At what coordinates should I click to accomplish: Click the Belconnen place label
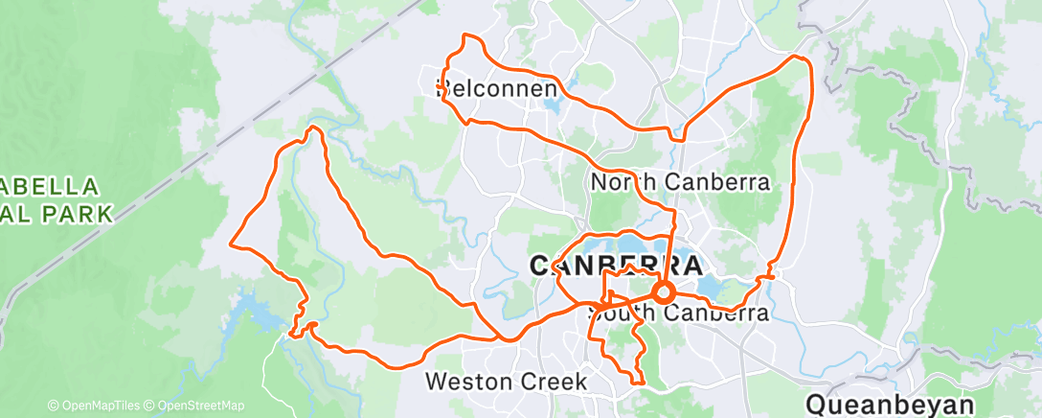tap(497, 89)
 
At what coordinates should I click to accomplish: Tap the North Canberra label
tap(681, 182)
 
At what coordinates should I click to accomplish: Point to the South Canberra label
tap(681, 313)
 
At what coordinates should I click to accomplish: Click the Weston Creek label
tap(506, 381)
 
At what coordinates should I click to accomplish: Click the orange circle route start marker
tap(663, 292)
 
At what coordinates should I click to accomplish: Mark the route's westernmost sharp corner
tap(231, 243)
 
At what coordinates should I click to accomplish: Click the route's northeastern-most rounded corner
tap(801, 59)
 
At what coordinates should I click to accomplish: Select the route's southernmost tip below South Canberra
tap(636, 383)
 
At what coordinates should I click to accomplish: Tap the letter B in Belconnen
tap(444, 89)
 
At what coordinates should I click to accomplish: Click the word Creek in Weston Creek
tap(554, 381)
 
